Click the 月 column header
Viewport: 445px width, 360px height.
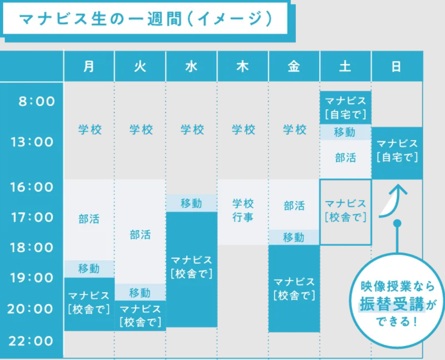tap(89, 67)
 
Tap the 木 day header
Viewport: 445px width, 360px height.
tap(243, 67)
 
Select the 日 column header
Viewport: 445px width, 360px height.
tap(396, 67)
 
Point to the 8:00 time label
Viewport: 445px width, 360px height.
tap(37, 102)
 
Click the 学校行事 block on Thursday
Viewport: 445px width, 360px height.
tap(243, 211)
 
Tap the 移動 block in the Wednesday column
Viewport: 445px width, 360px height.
tap(191, 203)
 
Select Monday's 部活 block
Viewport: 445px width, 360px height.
tap(89, 219)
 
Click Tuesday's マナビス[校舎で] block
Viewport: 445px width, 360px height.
tap(140, 315)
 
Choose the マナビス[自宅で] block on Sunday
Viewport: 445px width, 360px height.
tap(397, 151)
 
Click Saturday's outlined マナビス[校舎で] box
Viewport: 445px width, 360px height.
tap(345, 211)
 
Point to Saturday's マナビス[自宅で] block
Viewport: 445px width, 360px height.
tap(345, 108)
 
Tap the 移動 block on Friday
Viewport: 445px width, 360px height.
tap(294, 237)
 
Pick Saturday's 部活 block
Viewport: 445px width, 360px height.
tap(345, 158)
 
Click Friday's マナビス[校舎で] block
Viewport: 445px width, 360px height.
tap(294, 288)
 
